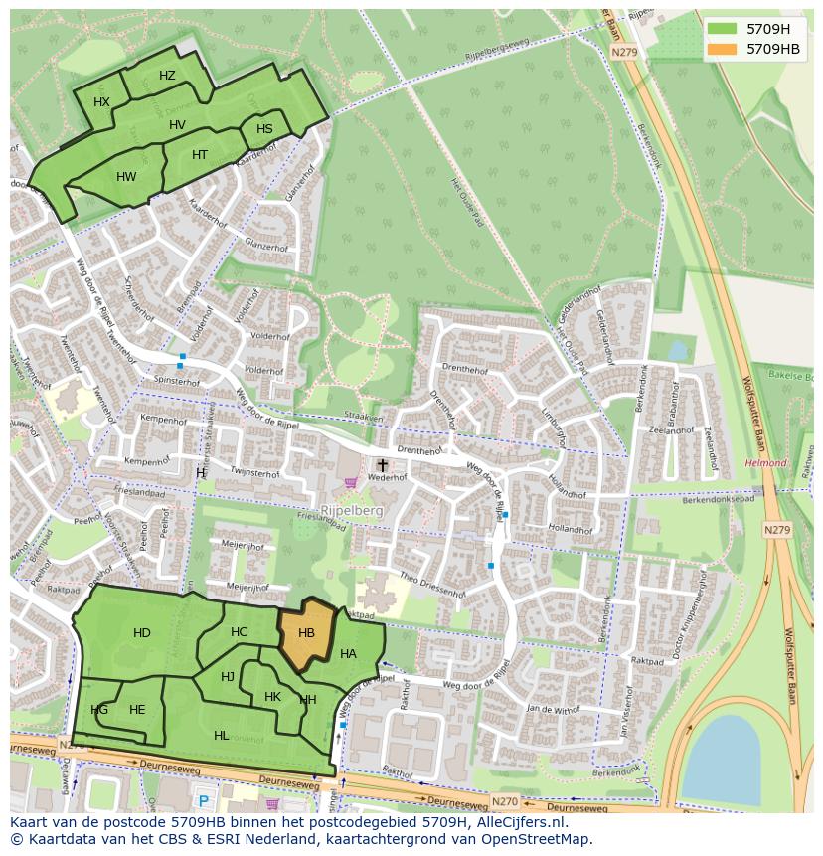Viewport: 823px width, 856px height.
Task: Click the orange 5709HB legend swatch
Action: [723, 49]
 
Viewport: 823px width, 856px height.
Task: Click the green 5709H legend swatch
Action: [723, 29]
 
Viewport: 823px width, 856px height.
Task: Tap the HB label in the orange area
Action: [306, 633]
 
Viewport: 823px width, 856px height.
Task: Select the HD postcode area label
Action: [142, 633]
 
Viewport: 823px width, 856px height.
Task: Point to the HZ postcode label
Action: [167, 76]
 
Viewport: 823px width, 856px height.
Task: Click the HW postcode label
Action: [126, 177]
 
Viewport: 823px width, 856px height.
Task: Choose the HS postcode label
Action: [264, 129]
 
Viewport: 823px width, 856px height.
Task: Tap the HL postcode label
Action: [221, 735]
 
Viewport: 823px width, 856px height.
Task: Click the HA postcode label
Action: [348, 654]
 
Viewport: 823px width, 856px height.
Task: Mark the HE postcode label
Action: [137, 709]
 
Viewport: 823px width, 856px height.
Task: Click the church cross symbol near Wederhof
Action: [382, 464]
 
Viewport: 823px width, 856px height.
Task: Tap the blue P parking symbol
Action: [204, 801]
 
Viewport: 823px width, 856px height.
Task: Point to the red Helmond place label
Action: [765, 463]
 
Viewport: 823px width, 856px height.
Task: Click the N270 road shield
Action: [505, 801]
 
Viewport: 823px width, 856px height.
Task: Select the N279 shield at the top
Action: [624, 52]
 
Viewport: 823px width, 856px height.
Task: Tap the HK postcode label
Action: [273, 697]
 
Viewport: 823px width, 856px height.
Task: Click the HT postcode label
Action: [200, 155]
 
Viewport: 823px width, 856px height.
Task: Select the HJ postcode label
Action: [228, 677]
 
